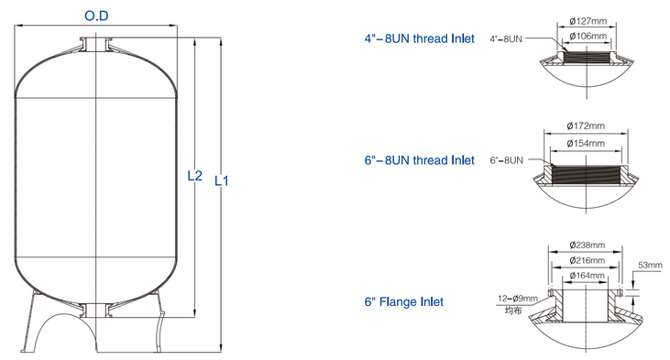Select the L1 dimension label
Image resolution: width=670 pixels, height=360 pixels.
point(221,180)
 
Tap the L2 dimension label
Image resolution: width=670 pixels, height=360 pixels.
point(194,175)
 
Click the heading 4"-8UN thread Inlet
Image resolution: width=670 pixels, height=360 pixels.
point(419,38)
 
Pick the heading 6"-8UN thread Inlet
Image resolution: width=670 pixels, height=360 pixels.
point(419,160)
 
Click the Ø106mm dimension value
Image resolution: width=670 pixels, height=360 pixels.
point(586,36)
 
